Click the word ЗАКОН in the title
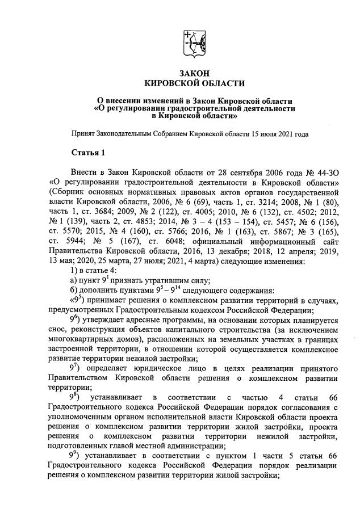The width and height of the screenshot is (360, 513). [x=194, y=73]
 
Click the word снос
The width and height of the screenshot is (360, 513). [x=58, y=330]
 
